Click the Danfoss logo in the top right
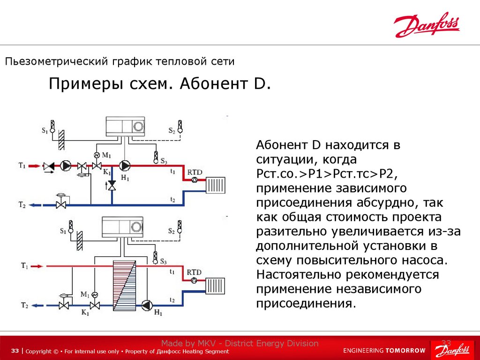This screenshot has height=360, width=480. click(x=427, y=25)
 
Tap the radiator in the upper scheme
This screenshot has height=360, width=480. click(x=216, y=185)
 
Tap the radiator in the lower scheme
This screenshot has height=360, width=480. click(x=215, y=285)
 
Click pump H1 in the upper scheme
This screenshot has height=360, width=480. click(x=124, y=165)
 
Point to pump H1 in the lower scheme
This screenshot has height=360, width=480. click(x=147, y=305)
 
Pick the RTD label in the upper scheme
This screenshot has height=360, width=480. click(x=194, y=172)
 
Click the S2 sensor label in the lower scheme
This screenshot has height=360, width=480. click(x=172, y=231)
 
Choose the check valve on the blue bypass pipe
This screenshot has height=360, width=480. click(x=112, y=186)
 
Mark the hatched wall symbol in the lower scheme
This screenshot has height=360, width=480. click(x=80, y=241)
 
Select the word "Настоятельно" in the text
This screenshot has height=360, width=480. click(x=299, y=274)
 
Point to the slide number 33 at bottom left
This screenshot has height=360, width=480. click(x=15, y=351)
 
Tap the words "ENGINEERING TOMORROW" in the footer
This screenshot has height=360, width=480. click(x=384, y=351)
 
